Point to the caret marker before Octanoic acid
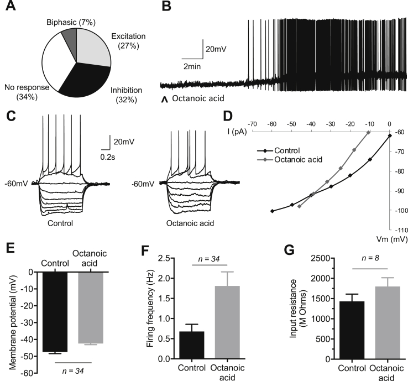click(164, 100)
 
